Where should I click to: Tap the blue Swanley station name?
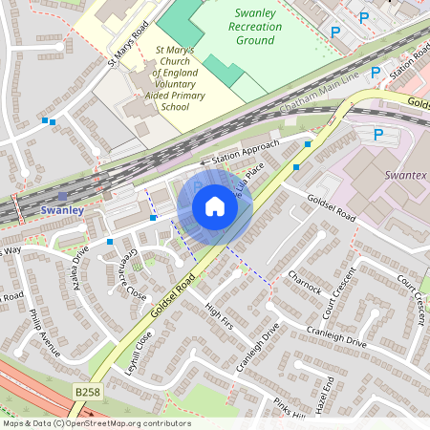(64, 209)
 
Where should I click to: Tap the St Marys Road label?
(129, 45)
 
